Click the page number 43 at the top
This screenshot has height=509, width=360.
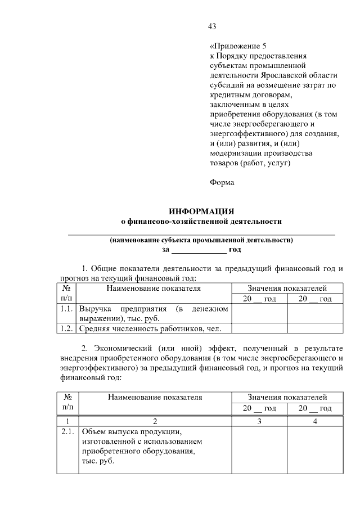pyautogui.click(x=212, y=26)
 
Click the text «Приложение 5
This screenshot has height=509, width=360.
pyautogui.click(x=235, y=46)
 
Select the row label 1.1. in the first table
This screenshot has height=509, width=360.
pyautogui.click(x=67, y=309)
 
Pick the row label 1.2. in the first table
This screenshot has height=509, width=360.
pyautogui.click(x=67, y=328)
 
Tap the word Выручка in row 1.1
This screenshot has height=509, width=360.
pyautogui.click(x=97, y=309)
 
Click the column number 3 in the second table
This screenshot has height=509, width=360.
pyautogui.click(x=259, y=421)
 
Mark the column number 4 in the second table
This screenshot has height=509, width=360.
pyautogui.click(x=315, y=421)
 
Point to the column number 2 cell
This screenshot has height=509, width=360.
pyautogui.click(x=154, y=421)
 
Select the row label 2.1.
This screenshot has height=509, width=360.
pyautogui.click(x=67, y=432)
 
